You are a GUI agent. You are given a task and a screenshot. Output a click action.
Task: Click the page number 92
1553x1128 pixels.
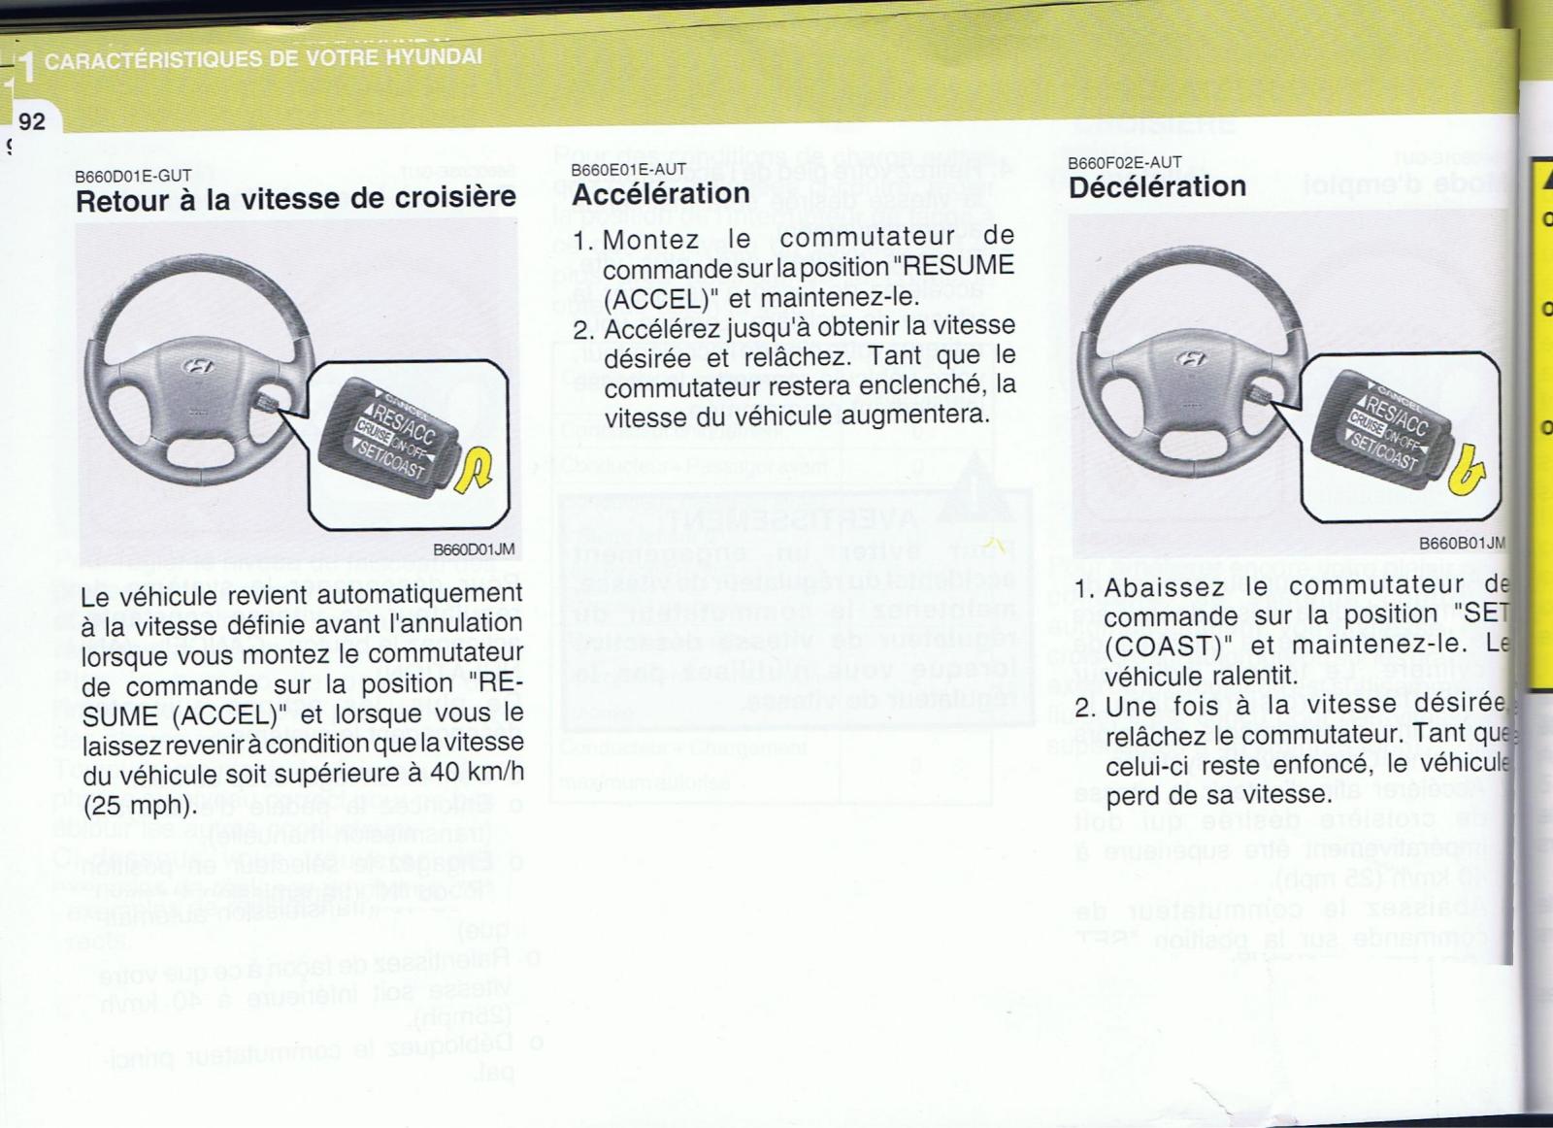pyautogui.click(x=31, y=120)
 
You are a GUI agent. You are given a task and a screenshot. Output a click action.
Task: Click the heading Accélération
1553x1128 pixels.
pyautogui.click(x=660, y=194)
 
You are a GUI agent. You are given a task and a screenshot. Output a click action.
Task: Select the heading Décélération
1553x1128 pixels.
pyautogui.click(x=1157, y=186)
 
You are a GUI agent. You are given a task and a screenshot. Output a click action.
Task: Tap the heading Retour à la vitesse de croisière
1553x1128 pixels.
pyautogui.click(x=296, y=199)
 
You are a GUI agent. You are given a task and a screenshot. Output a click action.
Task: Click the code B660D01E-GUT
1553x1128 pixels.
pyautogui.click(x=133, y=176)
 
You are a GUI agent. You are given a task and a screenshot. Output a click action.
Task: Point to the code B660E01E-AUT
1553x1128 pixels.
pyautogui.click(x=628, y=170)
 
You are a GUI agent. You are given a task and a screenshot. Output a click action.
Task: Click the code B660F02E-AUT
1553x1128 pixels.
pyautogui.click(x=1124, y=163)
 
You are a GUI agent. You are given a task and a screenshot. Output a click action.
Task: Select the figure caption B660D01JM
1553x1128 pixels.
pyautogui.click(x=474, y=549)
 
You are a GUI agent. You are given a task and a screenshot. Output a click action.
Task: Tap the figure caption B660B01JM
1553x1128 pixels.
pyautogui.click(x=1461, y=544)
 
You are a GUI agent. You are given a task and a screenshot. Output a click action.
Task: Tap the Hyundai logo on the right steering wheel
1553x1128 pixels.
pyautogui.click(x=1191, y=358)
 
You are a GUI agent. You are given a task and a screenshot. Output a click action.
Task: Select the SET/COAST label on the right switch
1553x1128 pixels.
pyautogui.click(x=1383, y=452)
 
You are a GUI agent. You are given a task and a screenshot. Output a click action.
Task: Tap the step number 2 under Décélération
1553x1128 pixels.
pyautogui.click(x=1084, y=707)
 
